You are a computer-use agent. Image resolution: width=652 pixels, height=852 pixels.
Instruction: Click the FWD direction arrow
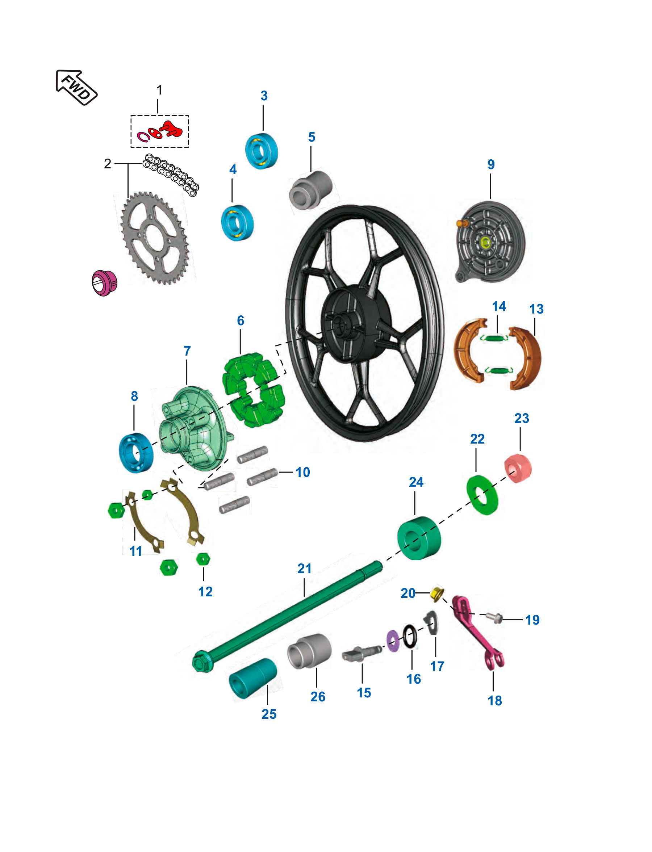[76, 88]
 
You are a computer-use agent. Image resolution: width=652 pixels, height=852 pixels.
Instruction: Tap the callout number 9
[491, 164]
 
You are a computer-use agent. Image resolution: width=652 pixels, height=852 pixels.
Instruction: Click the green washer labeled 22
[482, 495]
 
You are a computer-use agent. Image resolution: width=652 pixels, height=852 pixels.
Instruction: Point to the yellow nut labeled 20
[438, 593]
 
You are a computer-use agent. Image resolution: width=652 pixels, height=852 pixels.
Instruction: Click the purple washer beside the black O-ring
[393, 641]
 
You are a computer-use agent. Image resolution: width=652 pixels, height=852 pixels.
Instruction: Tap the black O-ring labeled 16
[410, 637]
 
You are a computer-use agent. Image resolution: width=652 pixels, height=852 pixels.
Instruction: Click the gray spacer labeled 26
[309, 651]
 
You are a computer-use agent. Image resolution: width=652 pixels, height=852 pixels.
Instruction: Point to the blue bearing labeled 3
[262, 151]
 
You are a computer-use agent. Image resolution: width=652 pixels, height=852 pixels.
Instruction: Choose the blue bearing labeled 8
[136, 453]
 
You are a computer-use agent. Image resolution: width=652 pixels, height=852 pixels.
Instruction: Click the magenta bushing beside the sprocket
[104, 283]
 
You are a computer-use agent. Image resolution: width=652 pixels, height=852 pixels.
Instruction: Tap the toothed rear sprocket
[155, 238]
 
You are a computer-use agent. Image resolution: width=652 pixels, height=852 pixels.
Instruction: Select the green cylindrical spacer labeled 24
[419, 538]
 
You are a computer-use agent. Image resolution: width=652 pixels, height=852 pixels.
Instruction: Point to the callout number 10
[303, 472]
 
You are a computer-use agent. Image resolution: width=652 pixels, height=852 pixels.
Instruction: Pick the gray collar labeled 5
[311, 190]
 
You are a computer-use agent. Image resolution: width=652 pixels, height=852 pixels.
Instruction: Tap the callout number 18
[495, 701]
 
